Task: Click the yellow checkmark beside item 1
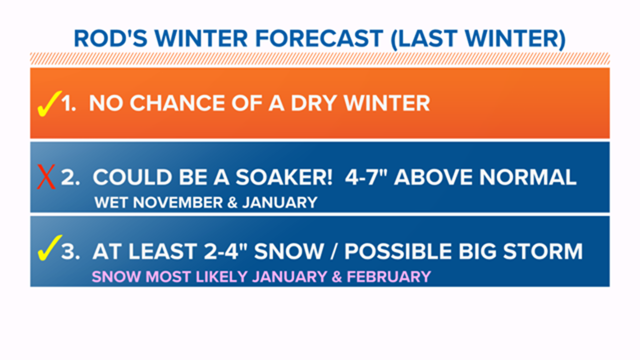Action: tap(48, 104)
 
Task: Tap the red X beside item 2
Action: tap(46, 177)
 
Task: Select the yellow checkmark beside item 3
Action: tap(49, 248)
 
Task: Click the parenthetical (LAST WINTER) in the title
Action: tap(478, 39)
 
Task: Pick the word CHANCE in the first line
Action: tap(177, 103)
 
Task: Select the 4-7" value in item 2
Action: tap(365, 177)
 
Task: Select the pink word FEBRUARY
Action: tap(388, 277)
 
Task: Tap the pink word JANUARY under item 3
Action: tap(290, 277)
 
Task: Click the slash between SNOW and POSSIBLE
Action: tap(334, 251)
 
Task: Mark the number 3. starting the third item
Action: tap(70, 251)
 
